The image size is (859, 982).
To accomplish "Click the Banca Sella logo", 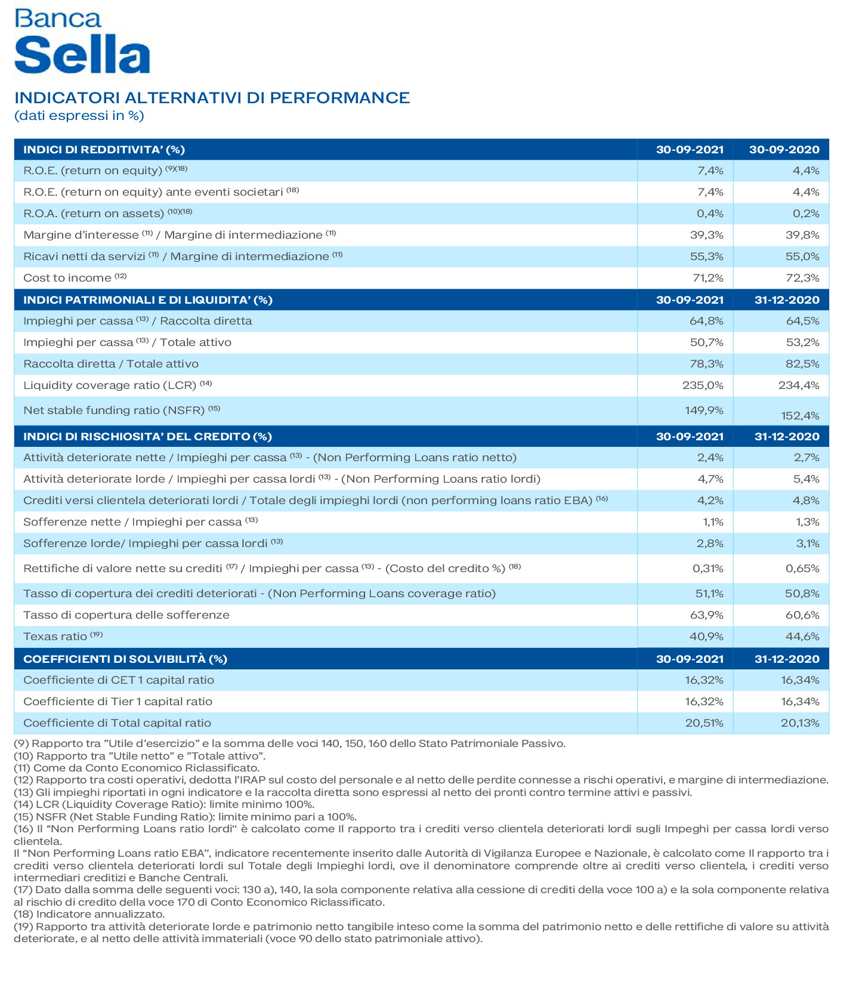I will click(82, 42).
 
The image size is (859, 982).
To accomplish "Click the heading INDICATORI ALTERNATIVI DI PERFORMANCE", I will click(212, 98).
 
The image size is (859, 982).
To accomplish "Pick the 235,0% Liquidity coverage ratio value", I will click(703, 385).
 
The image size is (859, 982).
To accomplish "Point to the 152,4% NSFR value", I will click(800, 416).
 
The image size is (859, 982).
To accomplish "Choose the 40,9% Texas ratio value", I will click(706, 637).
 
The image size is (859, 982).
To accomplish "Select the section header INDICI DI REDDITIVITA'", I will click(104, 150).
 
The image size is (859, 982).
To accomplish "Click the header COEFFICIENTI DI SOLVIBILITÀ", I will click(125, 659).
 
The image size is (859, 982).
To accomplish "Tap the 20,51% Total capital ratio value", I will click(704, 723).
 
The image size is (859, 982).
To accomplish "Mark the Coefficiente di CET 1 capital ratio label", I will click(118, 680).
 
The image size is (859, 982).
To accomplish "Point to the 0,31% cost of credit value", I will click(707, 569).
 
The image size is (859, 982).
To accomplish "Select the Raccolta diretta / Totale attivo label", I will click(110, 364).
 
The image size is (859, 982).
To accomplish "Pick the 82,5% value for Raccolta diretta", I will click(802, 364).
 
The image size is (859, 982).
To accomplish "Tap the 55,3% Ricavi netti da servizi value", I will click(706, 257).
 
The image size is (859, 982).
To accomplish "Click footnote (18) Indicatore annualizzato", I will click(89, 914).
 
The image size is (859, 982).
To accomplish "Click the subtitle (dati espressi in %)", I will click(79, 116).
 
